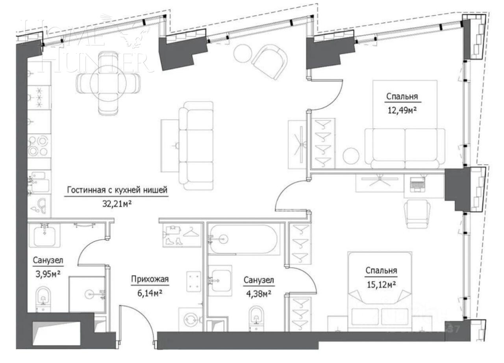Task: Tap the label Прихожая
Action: [150, 280]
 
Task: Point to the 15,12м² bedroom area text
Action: [381, 284]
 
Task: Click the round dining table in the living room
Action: [108, 82]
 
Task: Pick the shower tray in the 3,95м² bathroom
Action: [87, 294]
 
